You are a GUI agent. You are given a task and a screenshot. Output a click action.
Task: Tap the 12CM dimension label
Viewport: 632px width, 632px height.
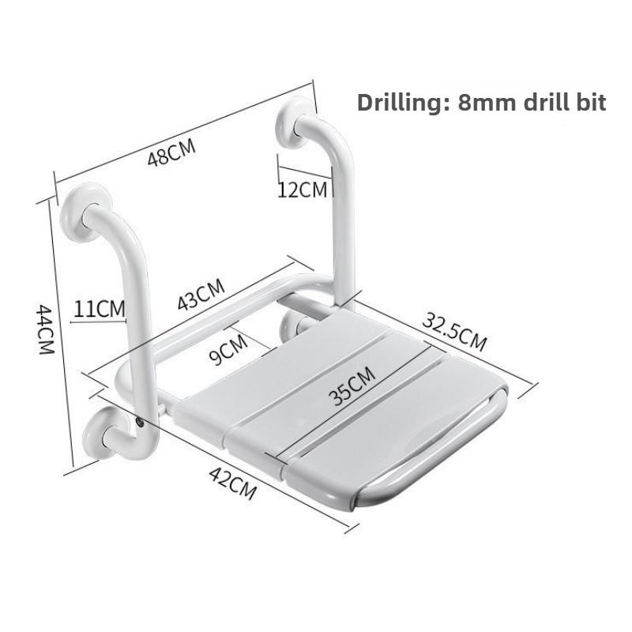click(302, 190)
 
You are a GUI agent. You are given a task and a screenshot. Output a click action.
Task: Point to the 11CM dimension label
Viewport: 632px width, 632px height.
click(100, 308)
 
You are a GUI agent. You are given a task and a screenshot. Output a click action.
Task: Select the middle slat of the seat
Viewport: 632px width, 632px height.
click(324, 395)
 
